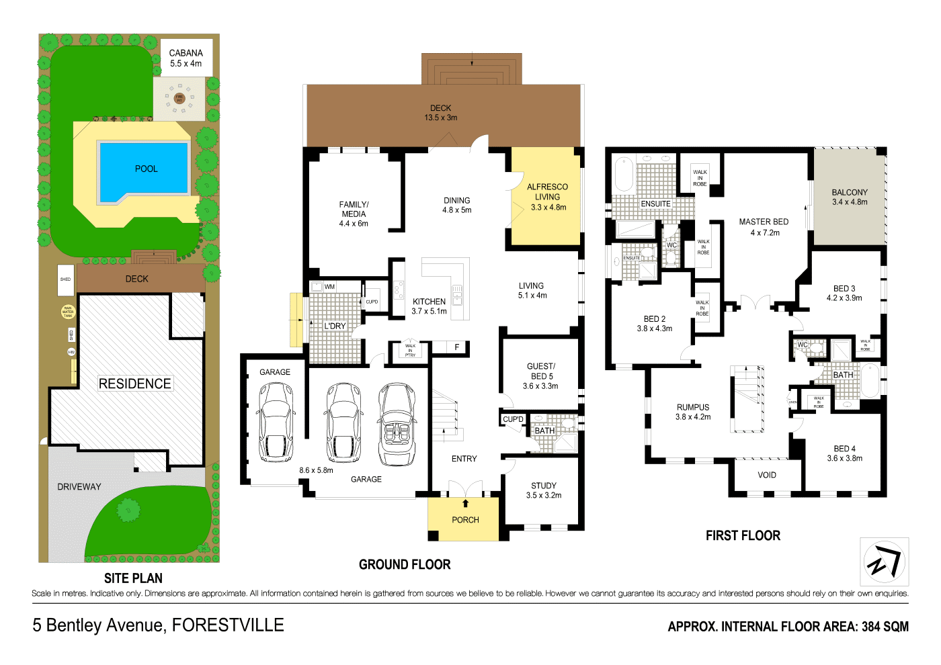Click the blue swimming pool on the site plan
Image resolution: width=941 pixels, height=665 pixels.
[x=143, y=170]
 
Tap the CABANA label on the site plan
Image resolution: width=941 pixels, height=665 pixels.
[x=186, y=53]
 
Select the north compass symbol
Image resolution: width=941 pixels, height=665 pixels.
[x=885, y=562]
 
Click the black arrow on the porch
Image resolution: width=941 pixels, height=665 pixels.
[x=465, y=503]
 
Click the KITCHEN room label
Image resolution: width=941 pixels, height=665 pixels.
[x=429, y=302]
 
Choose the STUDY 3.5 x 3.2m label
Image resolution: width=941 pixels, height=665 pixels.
[x=543, y=490]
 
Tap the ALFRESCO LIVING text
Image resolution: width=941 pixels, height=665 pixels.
[x=547, y=192]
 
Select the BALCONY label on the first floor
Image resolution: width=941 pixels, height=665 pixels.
[x=850, y=192]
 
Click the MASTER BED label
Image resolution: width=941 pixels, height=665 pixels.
[x=764, y=222]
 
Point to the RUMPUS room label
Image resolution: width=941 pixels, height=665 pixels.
[x=693, y=407]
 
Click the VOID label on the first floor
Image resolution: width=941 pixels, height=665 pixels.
[x=767, y=475]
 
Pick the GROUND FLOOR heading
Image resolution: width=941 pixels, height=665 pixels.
[x=405, y=565]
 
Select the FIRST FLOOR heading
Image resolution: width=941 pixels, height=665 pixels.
[x=743, y=536]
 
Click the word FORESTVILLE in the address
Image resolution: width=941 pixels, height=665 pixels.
[x=228, y=625]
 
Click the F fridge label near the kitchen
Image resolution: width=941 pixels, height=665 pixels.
[x=457, y=347]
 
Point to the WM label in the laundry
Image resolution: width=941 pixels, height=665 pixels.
[x=329, y=287]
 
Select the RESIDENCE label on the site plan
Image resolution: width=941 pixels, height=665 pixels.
[x=134, y=384]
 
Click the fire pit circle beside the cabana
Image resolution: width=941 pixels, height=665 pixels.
[x=179, y=99]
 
